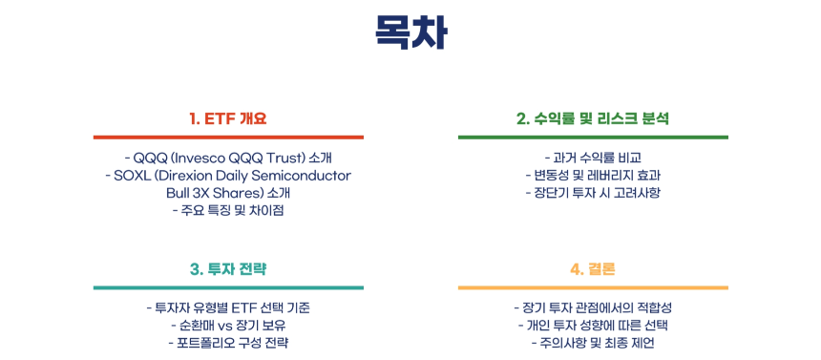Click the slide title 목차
click(410, 34)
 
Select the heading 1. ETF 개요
click(227, 119)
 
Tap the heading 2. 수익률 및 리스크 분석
click(592, 119)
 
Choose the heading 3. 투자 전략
click(227, 269)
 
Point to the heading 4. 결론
click(592, 269)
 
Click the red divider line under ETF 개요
click(227, 138)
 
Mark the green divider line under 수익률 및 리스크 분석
click(592, 138)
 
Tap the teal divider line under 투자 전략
click(227, 287)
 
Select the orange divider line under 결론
click(592, 287)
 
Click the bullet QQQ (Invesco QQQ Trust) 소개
click(227, 158)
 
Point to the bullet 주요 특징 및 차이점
click(227, 210)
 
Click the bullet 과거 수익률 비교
click(592, 158)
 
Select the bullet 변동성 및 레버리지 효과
click(592, 176)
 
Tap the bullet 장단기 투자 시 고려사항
click(592, 193)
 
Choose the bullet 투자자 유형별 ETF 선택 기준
click(227, 307)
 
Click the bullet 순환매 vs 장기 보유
click(227, 325)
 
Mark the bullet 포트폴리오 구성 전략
click(227, 342)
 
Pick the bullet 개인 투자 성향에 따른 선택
click(592, 325)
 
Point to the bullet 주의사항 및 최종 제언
click(592, 342)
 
